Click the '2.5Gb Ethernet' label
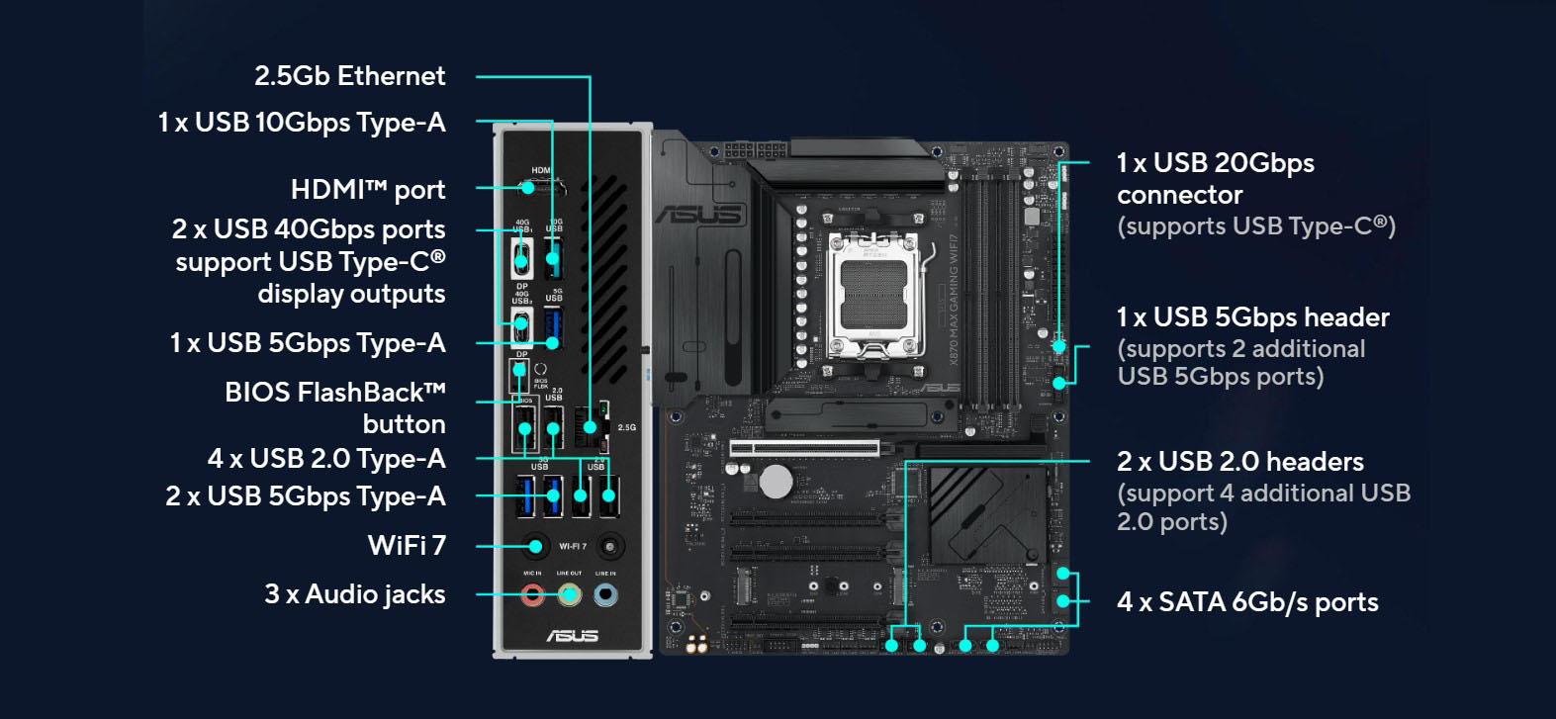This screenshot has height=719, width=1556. (x=349, y=76)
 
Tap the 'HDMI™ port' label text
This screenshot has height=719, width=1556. (x=367, y=189)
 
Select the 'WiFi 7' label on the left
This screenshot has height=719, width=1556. (x=406, y=545)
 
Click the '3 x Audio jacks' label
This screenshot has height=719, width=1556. (x=354, y=594)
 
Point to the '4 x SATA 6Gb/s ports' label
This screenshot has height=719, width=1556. (x=1246, y=602)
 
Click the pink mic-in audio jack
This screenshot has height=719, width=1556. (x=533, y=595)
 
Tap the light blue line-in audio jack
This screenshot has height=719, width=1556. (x=605, y=595)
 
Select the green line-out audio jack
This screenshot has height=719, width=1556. (x=569, y=595)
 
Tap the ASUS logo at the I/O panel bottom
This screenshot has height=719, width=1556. (x=572, y=635)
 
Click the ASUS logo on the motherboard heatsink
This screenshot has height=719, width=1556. (x=697, y=214)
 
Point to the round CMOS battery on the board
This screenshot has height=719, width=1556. (x=776, y=482)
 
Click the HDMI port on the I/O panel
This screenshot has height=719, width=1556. (x=541, y=187)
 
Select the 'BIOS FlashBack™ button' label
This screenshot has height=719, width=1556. (x=334, y=407)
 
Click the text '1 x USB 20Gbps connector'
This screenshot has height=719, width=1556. (x=1215, y=178)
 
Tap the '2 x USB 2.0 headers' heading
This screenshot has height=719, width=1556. (x=1239, y=462)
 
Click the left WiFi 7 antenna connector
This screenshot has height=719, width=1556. (x=535, y=546)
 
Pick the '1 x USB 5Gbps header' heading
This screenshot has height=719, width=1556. (x=1252, y=317)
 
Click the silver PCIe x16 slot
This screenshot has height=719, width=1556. (x=803, y=448)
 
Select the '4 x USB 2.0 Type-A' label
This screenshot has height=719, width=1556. (x=325, y=459)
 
